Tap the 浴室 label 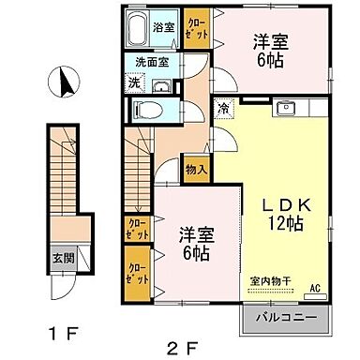[x=164, y=28]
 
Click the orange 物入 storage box [x=196, y=170]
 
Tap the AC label [x=314, y=288]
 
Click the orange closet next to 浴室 [x=197, y=29]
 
